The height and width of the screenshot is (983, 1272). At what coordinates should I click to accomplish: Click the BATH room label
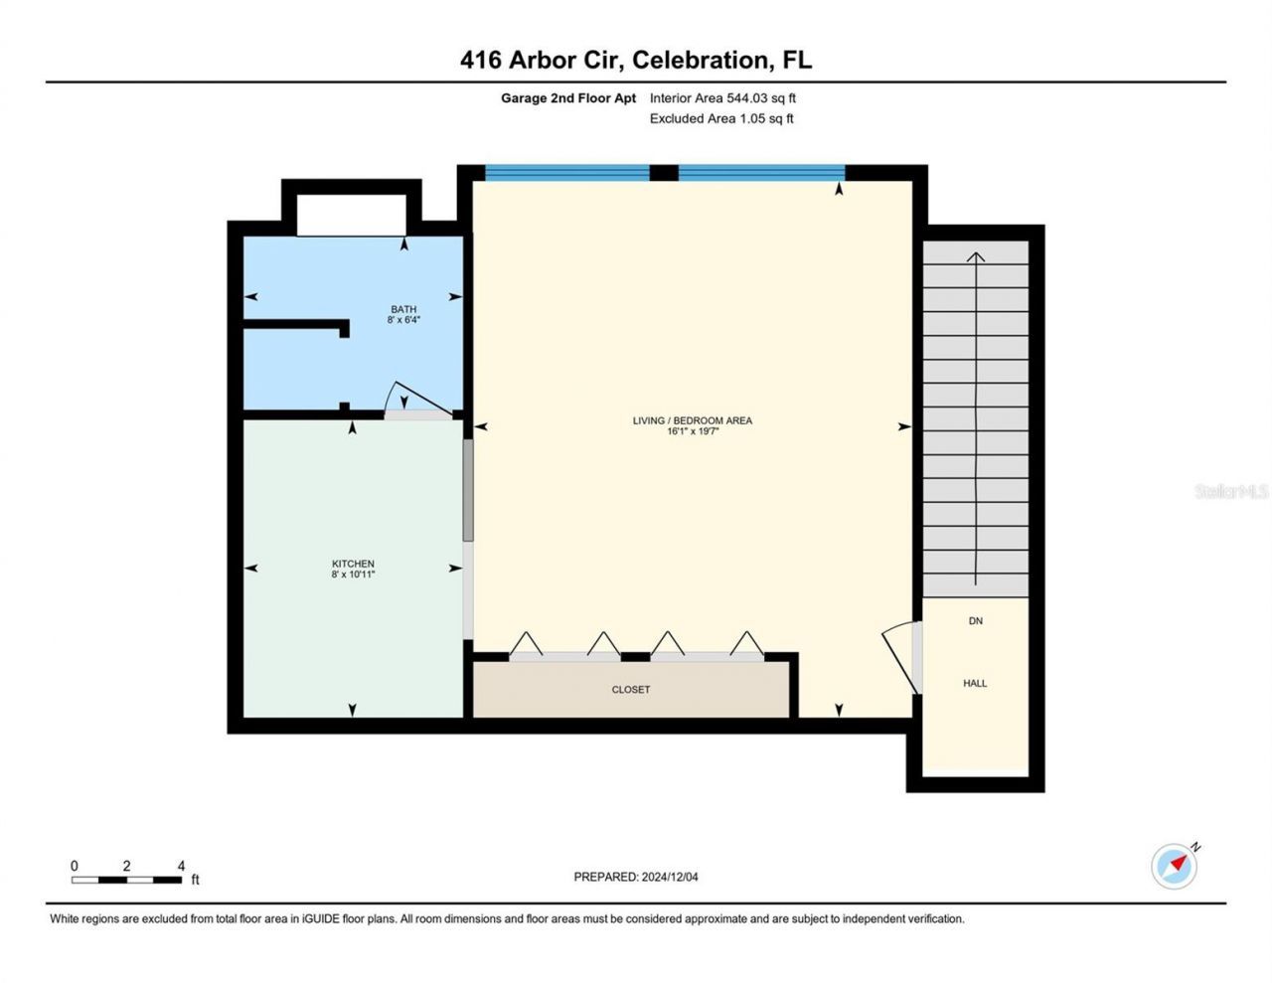point(403,309)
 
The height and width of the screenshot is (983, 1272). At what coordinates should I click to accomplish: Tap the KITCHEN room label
point(353,564)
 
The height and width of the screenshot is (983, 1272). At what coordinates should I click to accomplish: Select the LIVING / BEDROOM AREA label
point(692,420)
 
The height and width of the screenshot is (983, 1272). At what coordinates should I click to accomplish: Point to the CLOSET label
point(630,689)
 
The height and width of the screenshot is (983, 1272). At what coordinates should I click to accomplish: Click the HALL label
point(974,683)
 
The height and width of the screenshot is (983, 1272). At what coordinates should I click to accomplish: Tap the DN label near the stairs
point(975,620)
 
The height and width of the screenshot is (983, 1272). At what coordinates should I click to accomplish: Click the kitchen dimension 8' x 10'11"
point(353,574)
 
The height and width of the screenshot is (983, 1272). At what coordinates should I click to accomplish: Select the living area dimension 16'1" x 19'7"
point(692,431)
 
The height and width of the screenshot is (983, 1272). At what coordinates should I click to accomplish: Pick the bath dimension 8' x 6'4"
point(403,320)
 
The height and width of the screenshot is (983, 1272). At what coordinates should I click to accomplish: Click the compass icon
point(1174,866)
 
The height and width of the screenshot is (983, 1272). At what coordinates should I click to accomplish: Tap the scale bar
point(126,880)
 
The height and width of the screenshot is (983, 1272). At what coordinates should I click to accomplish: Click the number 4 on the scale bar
point(181,866)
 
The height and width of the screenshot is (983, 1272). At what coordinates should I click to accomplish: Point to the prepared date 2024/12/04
point(670,877)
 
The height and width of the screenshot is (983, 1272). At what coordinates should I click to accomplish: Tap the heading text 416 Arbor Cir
point(541,60)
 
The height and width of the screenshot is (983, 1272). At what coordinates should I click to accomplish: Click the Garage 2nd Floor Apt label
point(568,98)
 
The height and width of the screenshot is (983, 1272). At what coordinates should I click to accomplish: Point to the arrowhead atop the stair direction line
point(976,256)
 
